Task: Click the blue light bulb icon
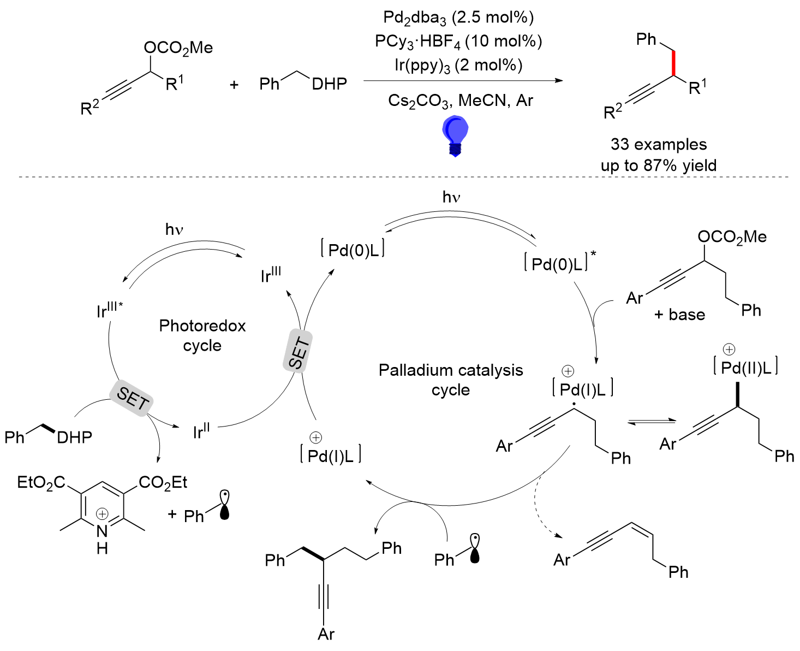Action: [455, 135]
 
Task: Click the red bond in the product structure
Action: [674, 63]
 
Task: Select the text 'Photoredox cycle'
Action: [202, 336]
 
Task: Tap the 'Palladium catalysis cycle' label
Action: [451, 380]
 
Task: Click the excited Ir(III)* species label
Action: [110, 310]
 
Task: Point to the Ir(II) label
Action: [201, 431]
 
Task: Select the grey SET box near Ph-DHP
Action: [132, 399]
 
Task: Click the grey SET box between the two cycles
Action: [298, 351]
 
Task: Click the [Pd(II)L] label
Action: [746, 366]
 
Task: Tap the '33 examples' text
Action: [659, 144]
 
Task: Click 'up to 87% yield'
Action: [659, 165]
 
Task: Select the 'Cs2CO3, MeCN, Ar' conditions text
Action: [461, 100]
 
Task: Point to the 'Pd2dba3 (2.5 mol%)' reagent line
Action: [458, 18]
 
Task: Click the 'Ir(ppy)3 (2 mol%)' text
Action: [458, 66]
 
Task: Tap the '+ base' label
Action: [679, 315]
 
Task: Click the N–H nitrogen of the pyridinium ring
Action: [102, 531]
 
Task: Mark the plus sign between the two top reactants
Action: [234, 85]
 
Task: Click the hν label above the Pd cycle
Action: [451, 197]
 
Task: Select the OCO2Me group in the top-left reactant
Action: [178, 48]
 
